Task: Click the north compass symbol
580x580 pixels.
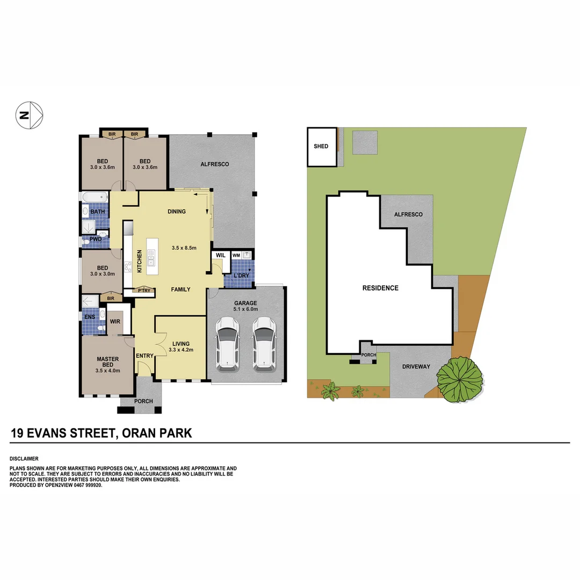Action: click(30, 114)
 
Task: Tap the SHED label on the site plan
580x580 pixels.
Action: click(321, 146)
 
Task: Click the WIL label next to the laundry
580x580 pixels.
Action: click(220, 255)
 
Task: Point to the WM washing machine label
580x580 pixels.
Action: click(236, 255)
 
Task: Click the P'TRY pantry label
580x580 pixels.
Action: click(144, 291)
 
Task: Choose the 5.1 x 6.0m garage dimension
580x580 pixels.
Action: click(245, 309)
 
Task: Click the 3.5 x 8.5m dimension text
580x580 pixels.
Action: click(183, 248)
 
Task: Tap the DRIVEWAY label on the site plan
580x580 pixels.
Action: click(416, 367)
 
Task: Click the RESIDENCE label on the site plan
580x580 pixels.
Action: click(380, 288)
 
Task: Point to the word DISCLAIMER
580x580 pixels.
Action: click(24, 459)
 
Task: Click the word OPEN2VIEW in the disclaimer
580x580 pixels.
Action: click(54, 485)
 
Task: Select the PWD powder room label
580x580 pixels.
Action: click(96, 239)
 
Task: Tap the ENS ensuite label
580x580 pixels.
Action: click(90, 317)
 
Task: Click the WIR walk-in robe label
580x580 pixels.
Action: click(115, 321)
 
